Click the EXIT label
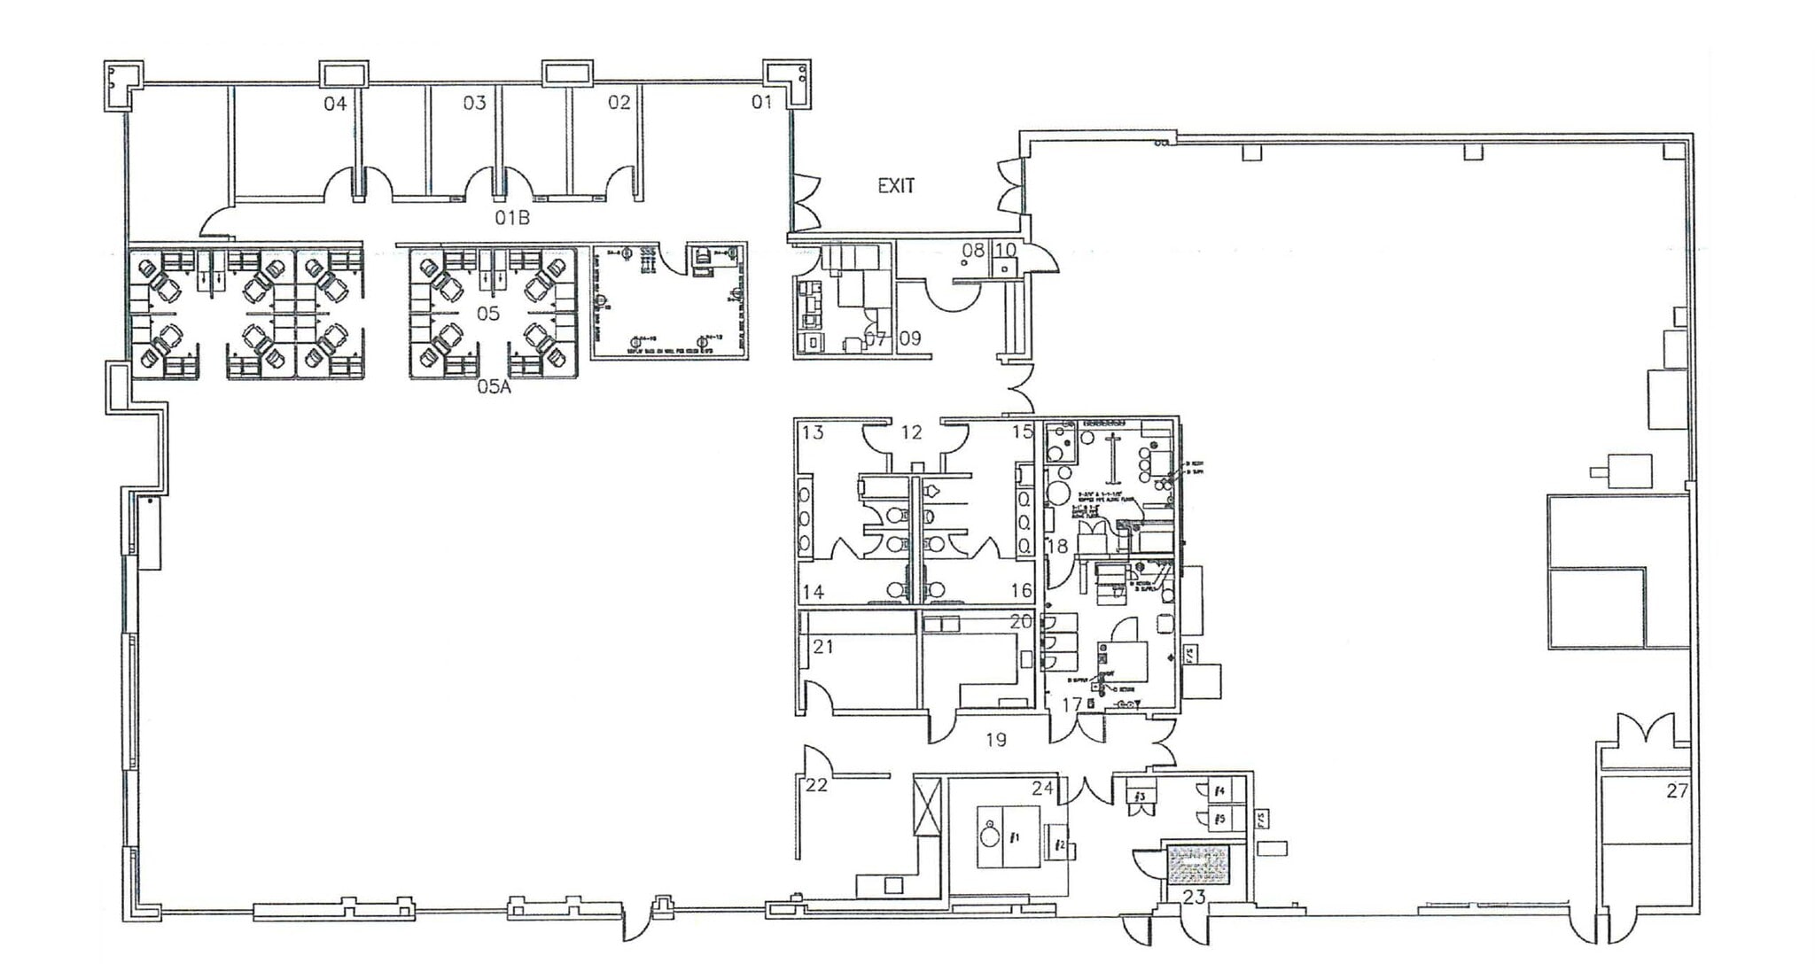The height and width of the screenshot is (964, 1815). [x=895, y=186]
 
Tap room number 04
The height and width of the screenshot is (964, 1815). [x=335, y=105]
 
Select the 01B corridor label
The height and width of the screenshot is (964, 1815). [x=512, y=218]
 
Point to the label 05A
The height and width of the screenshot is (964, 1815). [x=494, y=387]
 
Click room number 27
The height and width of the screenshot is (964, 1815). [x=1677, y=791]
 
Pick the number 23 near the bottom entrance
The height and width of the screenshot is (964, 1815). [x=1194, y=897]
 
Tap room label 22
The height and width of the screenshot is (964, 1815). [x=816, y=785]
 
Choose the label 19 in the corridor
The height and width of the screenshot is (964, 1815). [x=995, y=740]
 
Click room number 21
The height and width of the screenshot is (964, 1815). [x=823, y=647]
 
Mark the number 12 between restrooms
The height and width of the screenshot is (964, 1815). [x=911, y=432]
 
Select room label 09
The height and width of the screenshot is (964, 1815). [x=910, y=338]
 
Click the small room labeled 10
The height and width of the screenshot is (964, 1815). [x=1004, y=251]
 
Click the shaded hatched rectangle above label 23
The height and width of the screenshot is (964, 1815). [x=1198, y=866]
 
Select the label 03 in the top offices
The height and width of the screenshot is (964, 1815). [x=475, y=104]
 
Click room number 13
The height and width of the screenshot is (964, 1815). [x=813, y=432]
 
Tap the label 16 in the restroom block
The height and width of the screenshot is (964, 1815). [x=1021, y=591]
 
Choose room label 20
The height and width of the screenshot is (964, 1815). [x=1021, y=622]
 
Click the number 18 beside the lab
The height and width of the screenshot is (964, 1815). [x=1057, y=547]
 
